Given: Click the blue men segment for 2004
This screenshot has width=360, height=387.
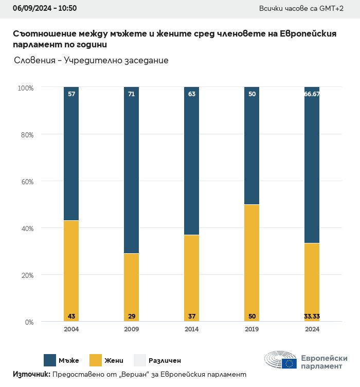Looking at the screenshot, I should (x=71, y=154).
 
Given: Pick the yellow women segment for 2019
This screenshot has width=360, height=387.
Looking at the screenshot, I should (x=252, y=263).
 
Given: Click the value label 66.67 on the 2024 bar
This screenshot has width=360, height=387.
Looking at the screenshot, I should (x=312, y=94).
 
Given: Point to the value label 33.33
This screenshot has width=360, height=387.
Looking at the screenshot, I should (x=312, y=316).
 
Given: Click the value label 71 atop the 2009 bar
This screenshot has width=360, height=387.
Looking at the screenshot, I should (x=132, y=94).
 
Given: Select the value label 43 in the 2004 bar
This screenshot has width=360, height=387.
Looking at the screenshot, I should (x=71, y=316).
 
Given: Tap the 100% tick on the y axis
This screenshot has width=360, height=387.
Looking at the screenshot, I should (x=26, y=88).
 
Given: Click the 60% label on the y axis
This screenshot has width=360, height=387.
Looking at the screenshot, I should (x=27, y=182).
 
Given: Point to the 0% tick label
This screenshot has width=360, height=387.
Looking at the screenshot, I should (x=29, y=322).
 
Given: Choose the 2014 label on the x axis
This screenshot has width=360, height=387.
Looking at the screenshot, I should (x=192, y=329).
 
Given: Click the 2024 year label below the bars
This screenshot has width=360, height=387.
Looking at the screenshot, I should (x=312, y=329).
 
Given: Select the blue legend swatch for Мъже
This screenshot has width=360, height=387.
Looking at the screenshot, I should (x=50, y=360).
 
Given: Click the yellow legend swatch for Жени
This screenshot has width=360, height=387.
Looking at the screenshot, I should (x=96, y=360).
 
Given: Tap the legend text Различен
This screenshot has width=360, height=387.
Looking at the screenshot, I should (x=165, y=361).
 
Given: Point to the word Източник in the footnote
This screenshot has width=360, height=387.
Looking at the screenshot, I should (x=31, y=375).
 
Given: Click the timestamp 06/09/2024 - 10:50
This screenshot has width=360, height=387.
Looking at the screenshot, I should (x=45, y=8).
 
